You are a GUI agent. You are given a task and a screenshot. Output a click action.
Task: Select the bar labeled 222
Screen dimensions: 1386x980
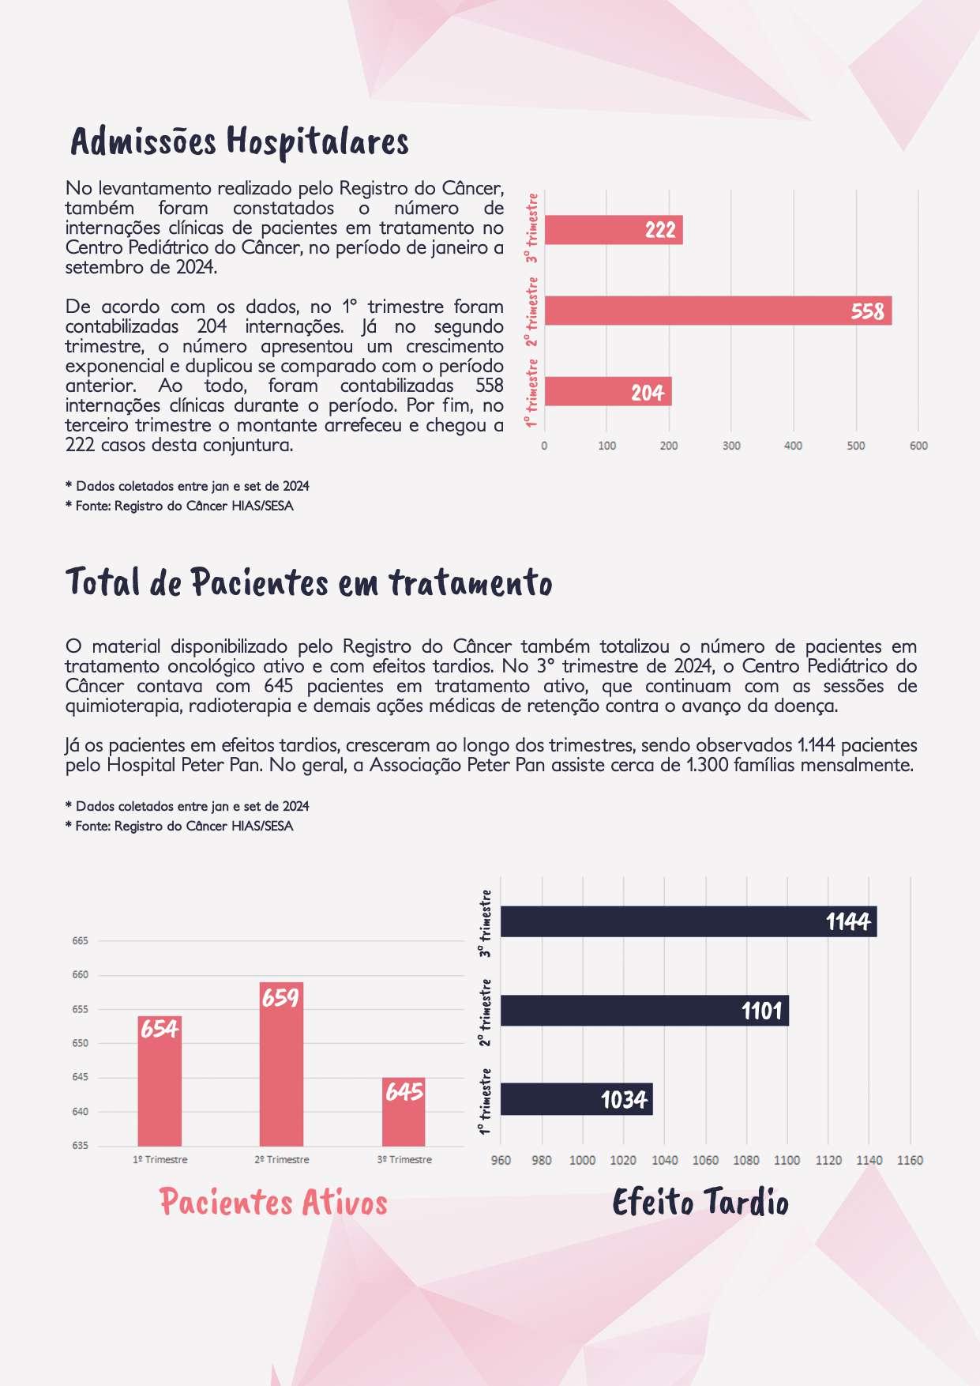[613, 230]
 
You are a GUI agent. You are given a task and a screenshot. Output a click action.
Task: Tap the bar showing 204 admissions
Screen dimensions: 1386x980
[607, 392]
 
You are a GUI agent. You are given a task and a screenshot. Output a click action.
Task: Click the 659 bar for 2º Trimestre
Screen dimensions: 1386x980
[281, 1064]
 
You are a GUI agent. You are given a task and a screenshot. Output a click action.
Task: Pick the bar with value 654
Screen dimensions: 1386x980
[160, 1081]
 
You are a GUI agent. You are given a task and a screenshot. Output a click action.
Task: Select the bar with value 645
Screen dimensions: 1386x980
[404, 1112]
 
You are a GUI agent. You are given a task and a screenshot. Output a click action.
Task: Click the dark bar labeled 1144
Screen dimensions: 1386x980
[688, 921]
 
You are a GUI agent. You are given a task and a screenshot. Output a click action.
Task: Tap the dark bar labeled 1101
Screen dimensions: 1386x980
[644, 1011]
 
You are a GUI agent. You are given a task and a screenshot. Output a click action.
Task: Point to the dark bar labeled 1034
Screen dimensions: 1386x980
[576, 1099]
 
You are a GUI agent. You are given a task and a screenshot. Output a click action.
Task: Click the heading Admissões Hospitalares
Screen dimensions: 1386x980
[240, 142]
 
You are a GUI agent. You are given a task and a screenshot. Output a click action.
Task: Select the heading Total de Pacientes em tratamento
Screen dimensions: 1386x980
[309, 583]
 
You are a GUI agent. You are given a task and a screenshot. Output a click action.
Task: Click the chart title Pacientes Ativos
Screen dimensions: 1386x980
[273, 1203]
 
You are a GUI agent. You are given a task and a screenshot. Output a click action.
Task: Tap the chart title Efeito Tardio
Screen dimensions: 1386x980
[700, 1203]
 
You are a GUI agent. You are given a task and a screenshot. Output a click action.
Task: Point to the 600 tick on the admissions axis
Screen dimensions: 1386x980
[918, 446]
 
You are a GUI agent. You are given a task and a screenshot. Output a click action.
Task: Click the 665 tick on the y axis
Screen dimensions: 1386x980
[81, 941]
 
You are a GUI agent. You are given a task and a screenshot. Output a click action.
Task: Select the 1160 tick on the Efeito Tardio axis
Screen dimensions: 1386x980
[910, 1161]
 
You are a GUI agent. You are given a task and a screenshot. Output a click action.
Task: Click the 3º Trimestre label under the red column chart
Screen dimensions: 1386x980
[404, 1160]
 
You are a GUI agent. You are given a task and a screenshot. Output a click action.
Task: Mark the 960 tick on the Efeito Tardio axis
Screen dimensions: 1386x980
[501, 1161]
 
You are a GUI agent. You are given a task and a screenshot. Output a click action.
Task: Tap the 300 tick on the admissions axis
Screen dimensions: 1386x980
[731, 446]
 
